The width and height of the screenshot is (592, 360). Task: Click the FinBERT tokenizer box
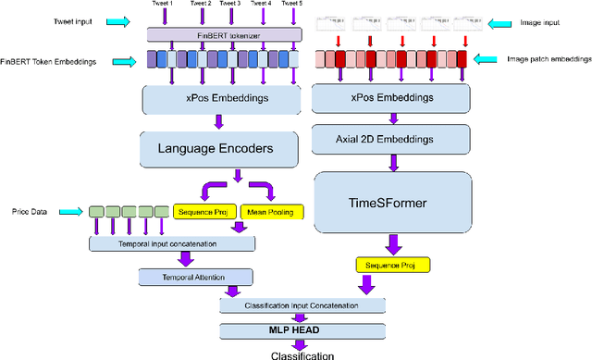pyautogui.click(x=224, y=34)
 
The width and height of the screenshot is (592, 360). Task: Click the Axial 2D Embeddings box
pyautogui.click(x=389, y=139)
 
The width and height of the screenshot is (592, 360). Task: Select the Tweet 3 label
pyautogui.click(x=230, y=5)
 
